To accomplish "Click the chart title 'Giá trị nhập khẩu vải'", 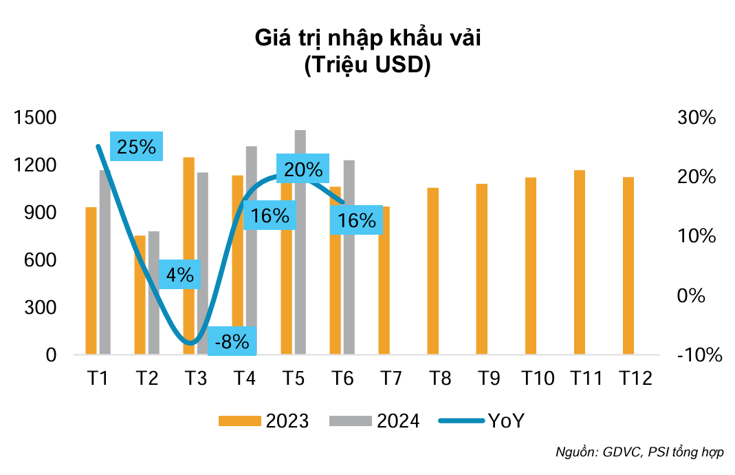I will pos(367,38).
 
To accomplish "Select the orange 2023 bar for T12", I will pos(628,266).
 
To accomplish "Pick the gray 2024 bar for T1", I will pos(105,262).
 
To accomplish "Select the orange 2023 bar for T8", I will pos(433,271).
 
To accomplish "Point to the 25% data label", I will pos(136,147).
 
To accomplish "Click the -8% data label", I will pos(232,341).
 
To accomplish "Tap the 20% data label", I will pos(303,169).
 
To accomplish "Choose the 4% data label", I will pos(179,275).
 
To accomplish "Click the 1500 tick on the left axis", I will pos(35,118).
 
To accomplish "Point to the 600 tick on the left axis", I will pos(41,260).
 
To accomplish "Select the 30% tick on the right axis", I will pos(696,118).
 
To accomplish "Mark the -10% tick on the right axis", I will pos(699,355).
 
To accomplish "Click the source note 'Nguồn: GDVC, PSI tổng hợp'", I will pos(639,453).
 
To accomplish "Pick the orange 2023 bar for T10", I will pos(531,266).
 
